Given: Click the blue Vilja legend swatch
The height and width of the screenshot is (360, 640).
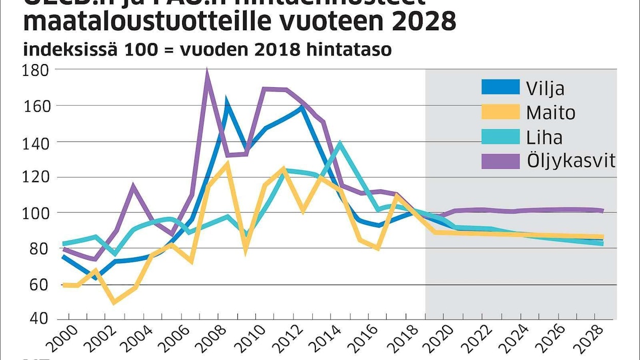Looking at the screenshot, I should click(x=500, y=87).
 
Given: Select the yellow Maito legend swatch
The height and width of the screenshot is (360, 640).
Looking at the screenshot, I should click(x=500, y=112).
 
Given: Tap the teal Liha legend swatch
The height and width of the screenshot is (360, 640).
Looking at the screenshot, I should click(x=500, y=136).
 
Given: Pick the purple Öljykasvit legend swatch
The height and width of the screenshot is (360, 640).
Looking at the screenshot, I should click(x=500, y=161).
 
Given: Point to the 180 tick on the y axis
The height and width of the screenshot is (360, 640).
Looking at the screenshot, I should click(x=36, y=70).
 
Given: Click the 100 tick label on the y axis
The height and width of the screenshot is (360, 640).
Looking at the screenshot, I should click(x=36, y=213).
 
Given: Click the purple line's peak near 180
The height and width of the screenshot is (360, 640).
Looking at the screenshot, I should click(x=207, y=72).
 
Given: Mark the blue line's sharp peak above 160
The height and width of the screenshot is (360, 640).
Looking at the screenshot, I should click(x=226, y=101).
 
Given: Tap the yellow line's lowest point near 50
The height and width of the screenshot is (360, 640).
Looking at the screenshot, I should click(x=114, y=302).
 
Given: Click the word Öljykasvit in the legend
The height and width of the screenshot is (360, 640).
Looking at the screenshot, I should click(x=571, y=161).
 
